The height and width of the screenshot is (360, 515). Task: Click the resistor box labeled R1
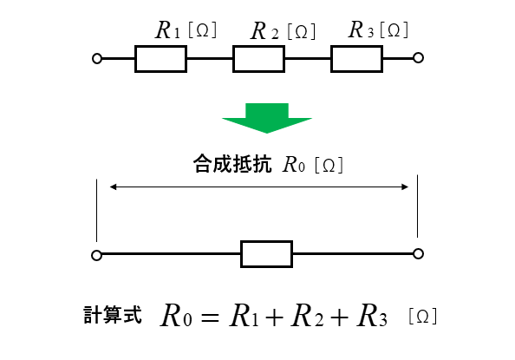tap(161, 46)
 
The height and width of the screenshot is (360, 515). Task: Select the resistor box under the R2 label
tap(258, 46)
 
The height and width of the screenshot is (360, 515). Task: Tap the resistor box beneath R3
tap(356, 46)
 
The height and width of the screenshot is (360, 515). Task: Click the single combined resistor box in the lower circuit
tap(266, 242)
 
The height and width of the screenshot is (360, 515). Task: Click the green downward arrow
tap(267, 118)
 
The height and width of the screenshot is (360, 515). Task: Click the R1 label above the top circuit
tap(168, 29)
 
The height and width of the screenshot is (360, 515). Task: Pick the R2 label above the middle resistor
tap(264, 31)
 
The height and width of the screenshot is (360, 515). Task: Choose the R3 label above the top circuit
tap(361, 29)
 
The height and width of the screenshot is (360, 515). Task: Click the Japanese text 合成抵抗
tap(232, 164)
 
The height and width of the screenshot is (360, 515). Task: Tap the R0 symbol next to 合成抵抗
tap(294, 164)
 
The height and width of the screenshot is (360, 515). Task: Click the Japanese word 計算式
tap(113, 315)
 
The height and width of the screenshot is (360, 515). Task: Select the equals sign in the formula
tap(210, 317)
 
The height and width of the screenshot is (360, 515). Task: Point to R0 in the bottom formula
tap(176, 316)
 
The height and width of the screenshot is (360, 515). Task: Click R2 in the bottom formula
tap(307, 316)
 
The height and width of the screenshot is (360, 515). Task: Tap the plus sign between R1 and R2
tap(275, 317)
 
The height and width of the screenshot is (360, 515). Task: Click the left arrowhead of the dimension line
tap(113, 187)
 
